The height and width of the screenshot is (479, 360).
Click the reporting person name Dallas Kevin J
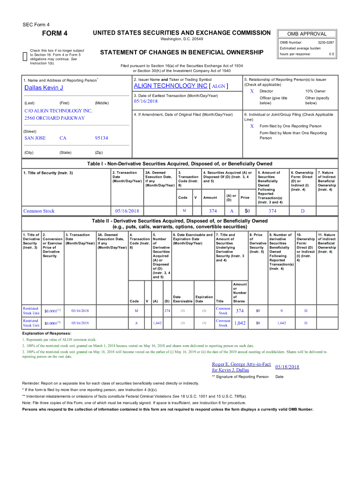point(43,88)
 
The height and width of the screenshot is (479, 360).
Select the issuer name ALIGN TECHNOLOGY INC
point(170,87)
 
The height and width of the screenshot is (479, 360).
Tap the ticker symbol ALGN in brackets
point(219,87)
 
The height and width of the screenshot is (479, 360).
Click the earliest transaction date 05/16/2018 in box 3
point(145,102)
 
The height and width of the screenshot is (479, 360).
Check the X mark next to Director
point(252,91)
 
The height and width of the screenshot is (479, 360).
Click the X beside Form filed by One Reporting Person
point(252,126)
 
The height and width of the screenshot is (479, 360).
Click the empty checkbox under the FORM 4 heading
point(25,57)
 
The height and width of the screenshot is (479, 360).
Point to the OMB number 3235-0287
point(326,43)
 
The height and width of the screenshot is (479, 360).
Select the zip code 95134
point(101,138)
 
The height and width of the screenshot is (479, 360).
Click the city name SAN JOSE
point(35,138)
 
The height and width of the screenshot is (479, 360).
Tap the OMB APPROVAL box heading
point(307,34)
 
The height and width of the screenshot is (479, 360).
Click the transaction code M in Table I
point(184,211)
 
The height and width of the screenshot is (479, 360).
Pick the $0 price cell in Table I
point(247,211)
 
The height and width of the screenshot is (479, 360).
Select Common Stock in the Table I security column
point(39,211)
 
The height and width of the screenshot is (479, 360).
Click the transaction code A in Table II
point(136,323)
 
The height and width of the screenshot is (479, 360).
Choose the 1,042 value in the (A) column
point(158,323)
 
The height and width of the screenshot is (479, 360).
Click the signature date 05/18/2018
point(287,367)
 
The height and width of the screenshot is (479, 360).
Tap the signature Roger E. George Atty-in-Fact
point(241,364)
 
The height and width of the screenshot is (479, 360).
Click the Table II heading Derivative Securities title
point(180,221)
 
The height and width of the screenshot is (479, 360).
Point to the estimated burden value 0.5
point(331,54)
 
